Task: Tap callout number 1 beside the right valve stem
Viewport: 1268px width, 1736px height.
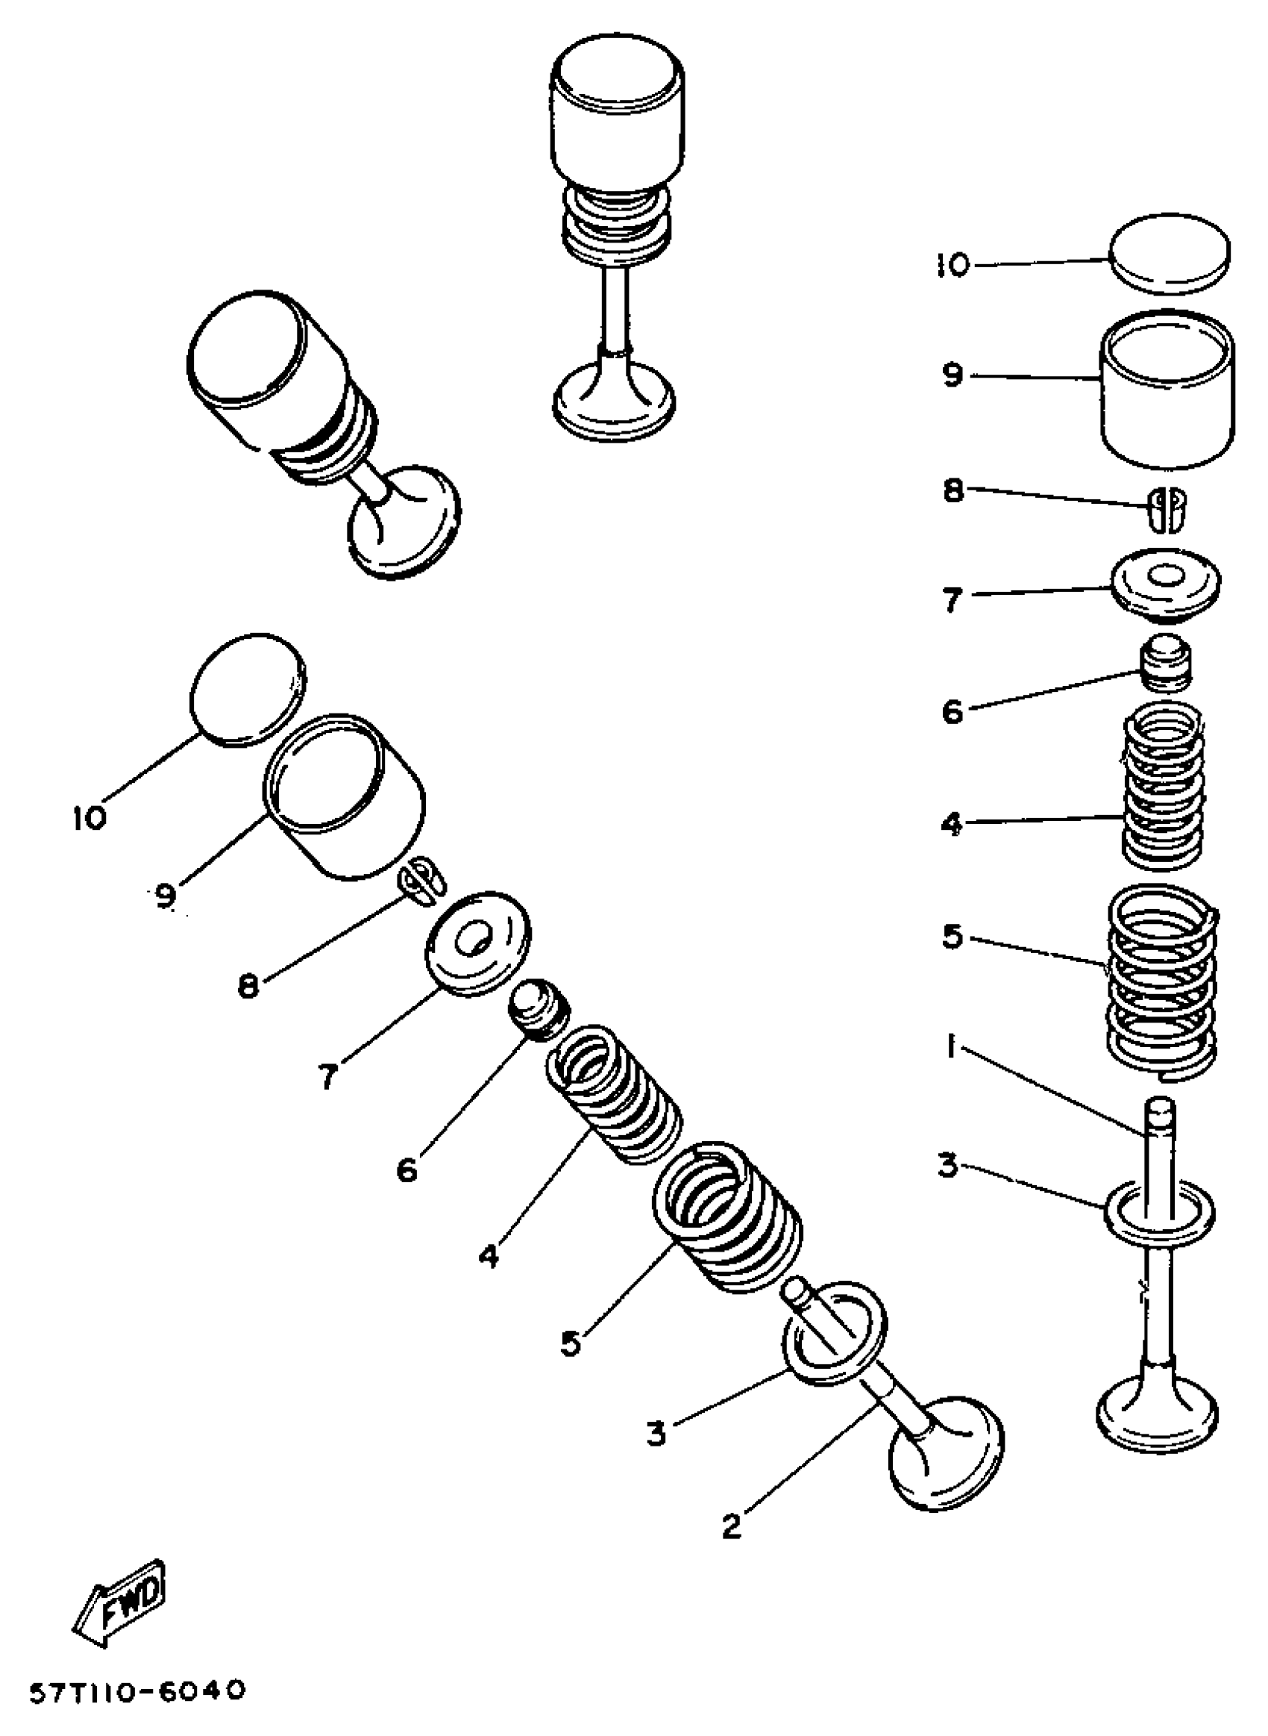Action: [951, 1047]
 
